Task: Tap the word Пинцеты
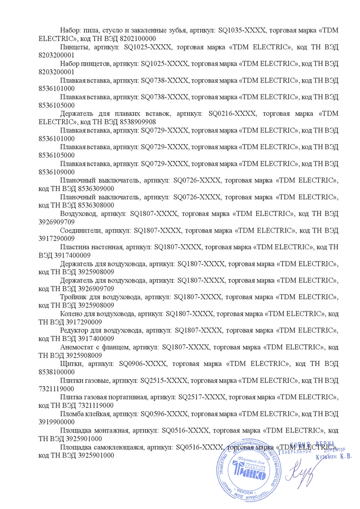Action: click(x=73, y=46)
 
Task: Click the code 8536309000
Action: click(x=92, y=188)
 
